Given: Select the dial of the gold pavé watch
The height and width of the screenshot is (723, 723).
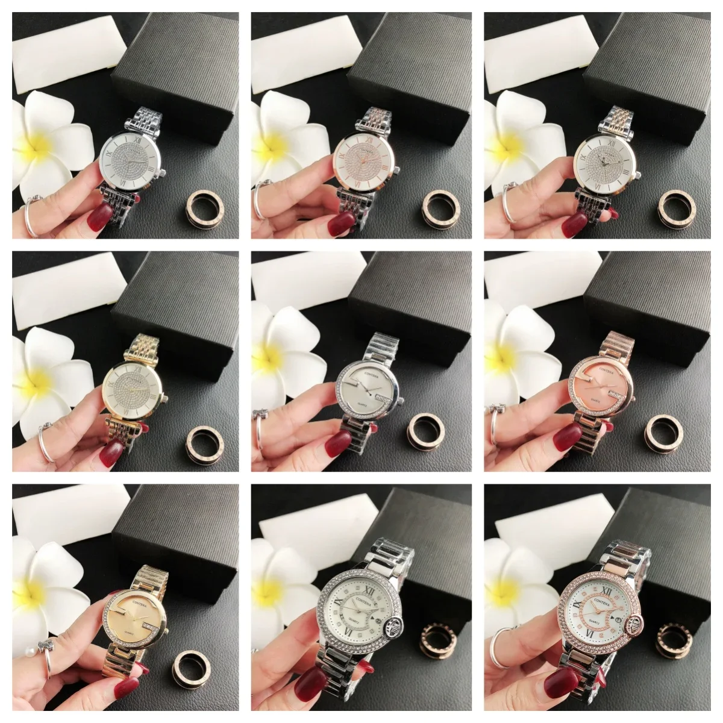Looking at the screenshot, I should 133,392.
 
